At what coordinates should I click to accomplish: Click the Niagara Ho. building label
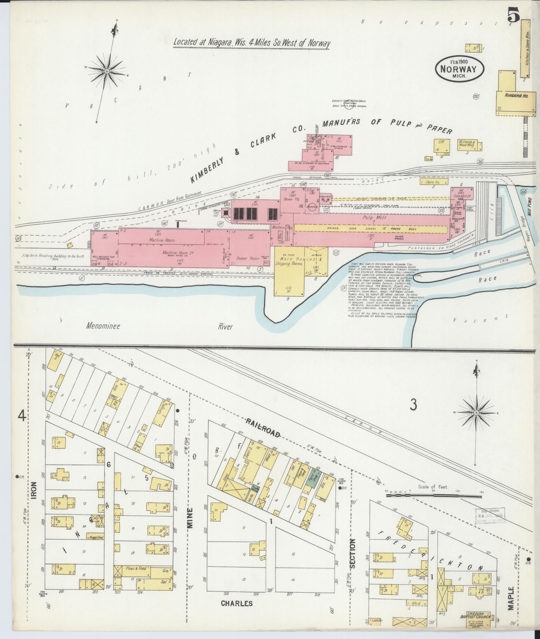point(516,95)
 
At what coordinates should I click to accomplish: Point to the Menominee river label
point(103,326)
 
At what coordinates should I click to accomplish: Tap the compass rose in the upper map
point(107,71)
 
